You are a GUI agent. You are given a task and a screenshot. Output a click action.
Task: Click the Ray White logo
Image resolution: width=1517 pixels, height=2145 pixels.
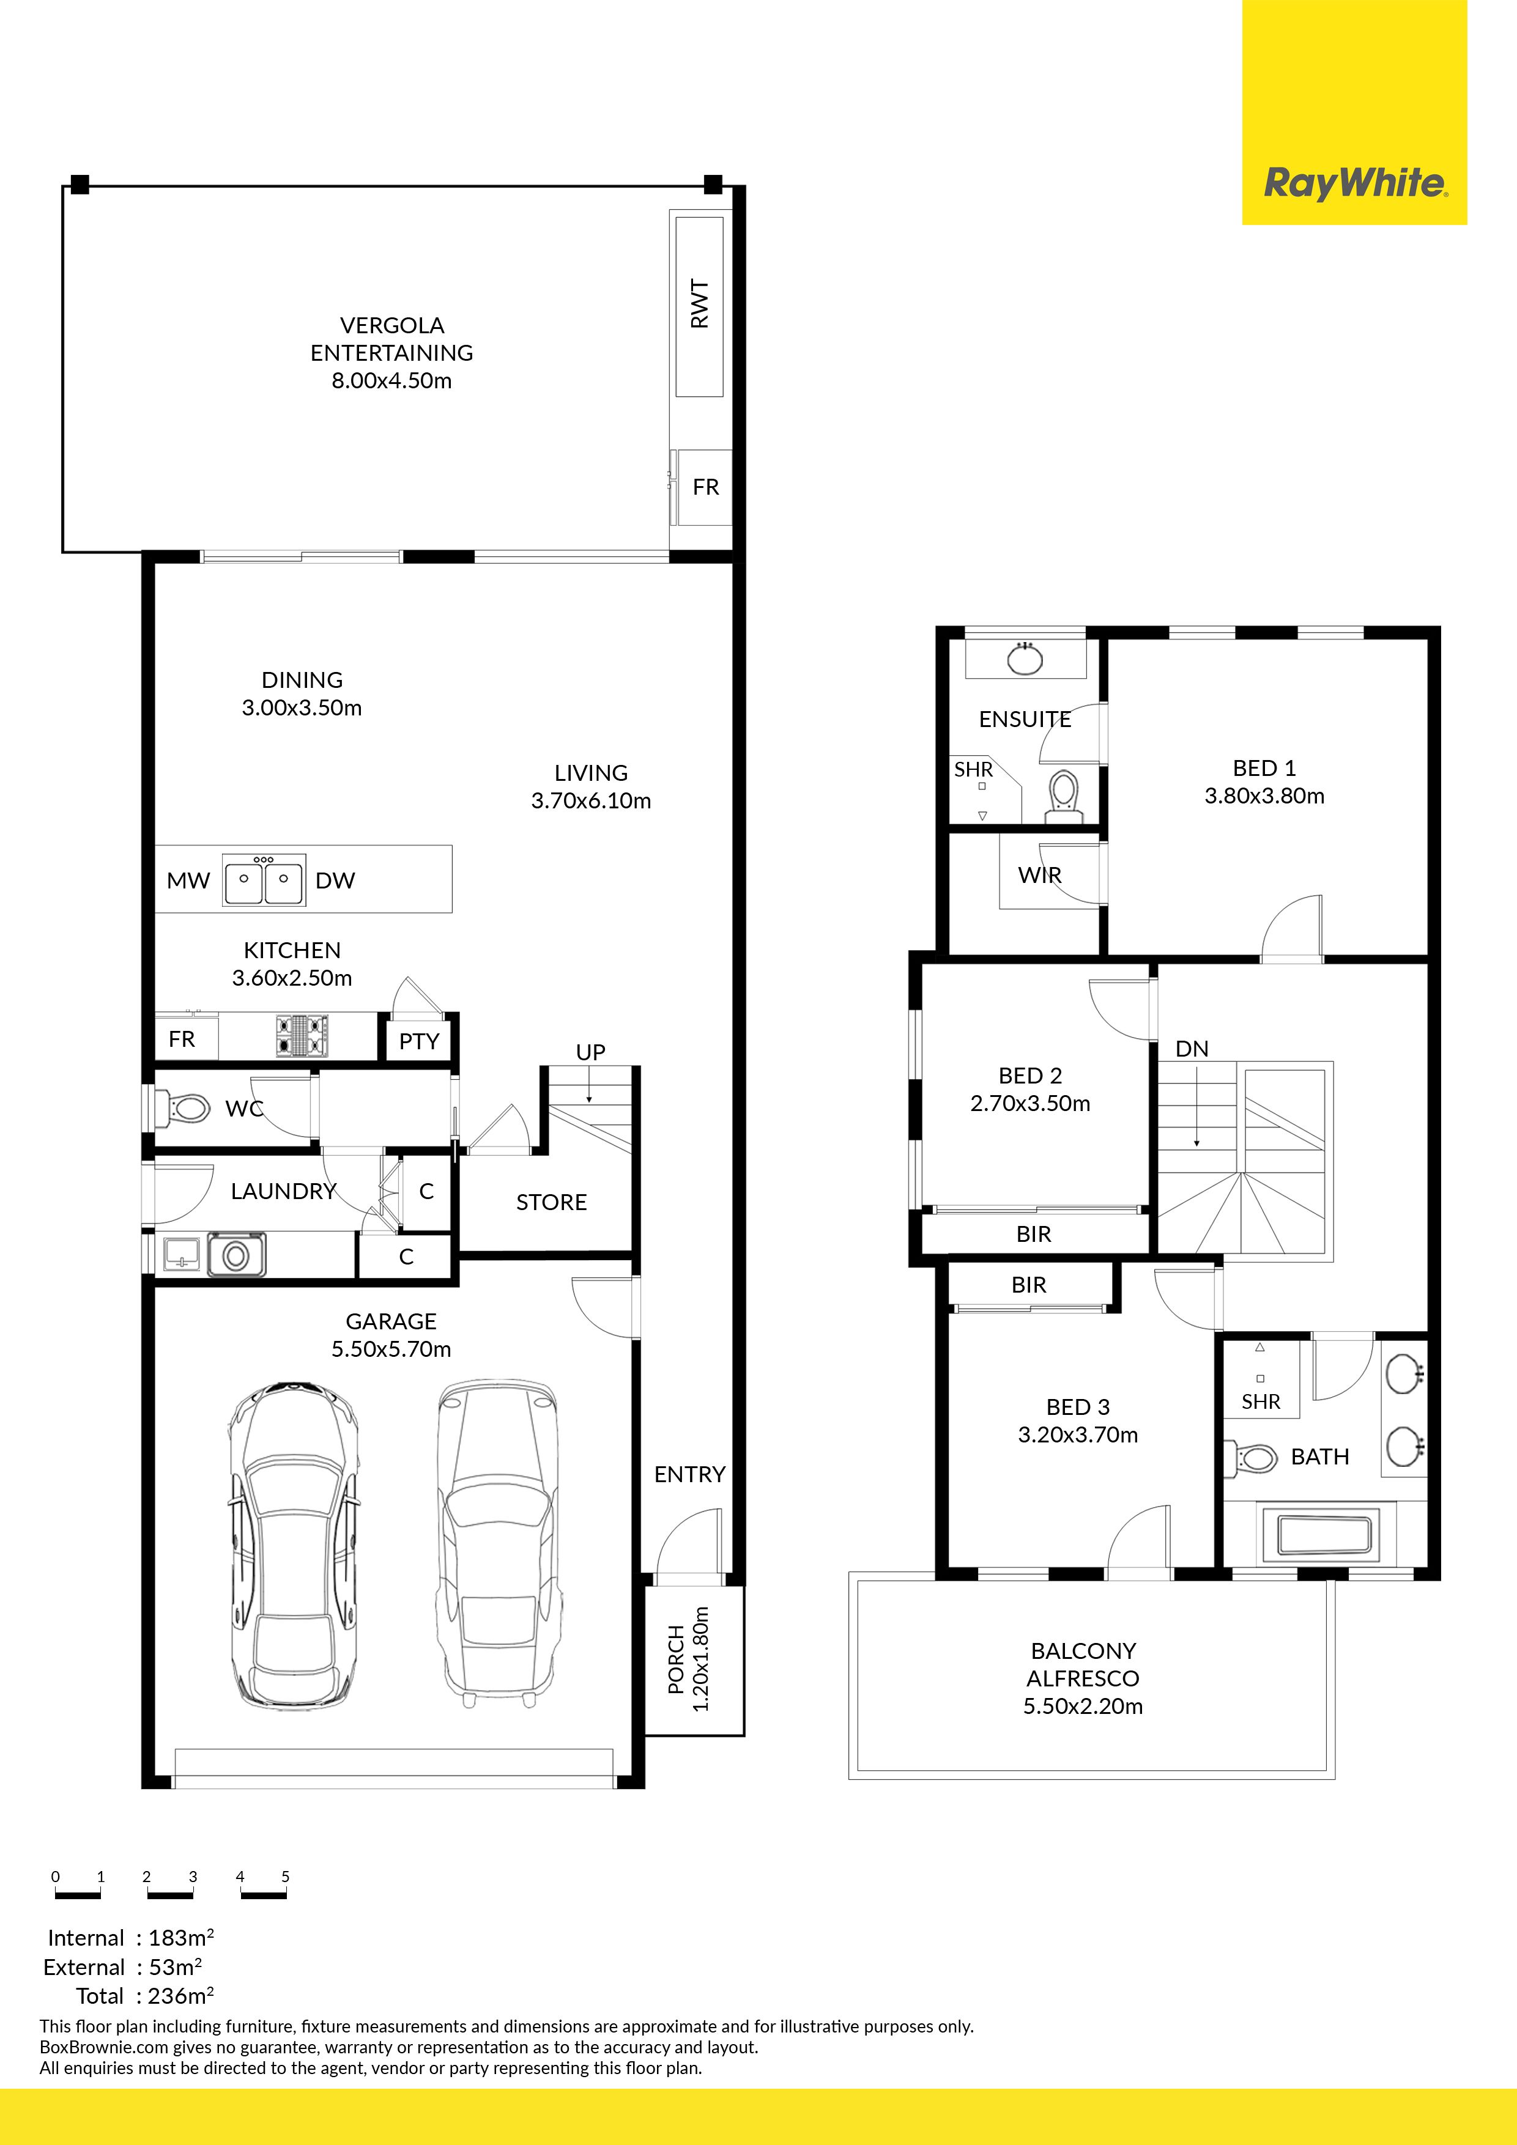click(x=1354, y=183)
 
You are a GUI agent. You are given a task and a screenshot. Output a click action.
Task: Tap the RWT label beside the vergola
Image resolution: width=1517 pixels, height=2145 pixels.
click(x=699, y=304)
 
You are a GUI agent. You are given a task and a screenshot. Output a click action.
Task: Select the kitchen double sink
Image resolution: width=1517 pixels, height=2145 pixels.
click(x=264, y=880)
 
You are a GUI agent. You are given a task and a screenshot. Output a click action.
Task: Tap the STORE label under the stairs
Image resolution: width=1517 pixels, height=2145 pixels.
click(x=552, y=1202)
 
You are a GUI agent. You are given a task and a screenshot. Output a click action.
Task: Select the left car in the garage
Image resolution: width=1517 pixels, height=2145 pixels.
click(x=294, y=1546)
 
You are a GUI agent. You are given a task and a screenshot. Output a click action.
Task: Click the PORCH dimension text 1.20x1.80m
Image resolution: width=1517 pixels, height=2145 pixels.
click(x=701, y=1660)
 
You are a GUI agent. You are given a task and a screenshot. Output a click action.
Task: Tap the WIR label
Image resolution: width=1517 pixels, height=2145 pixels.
click(x=1039, y=876)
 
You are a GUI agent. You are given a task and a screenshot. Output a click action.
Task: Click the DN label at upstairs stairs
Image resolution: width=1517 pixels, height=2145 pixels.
click(x=1192, y=1049)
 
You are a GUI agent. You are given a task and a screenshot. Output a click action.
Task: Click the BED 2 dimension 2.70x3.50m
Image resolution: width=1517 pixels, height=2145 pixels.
click(x=1030, y=1103)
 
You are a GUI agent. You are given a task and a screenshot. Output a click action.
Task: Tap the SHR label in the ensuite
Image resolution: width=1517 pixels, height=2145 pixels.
click(x=973, y=770)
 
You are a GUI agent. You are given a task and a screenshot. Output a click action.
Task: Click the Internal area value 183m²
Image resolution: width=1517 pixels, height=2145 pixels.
click(x=181, y=1938)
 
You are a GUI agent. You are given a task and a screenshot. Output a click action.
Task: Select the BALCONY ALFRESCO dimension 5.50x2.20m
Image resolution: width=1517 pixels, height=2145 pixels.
click(x=1082, y=1706)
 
